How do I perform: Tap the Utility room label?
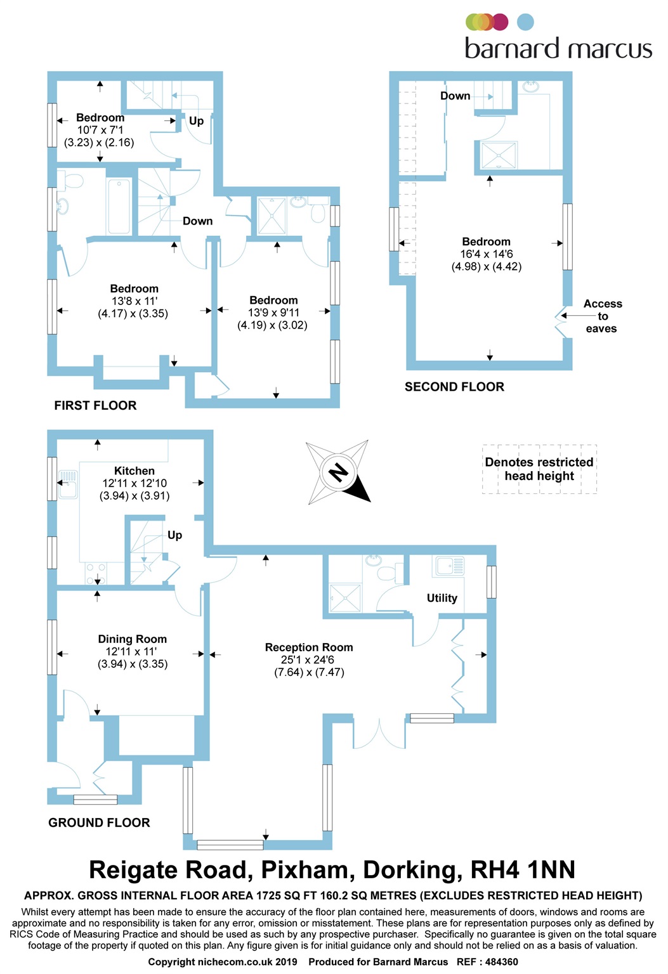(442, 598)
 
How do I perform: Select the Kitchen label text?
(134, 471)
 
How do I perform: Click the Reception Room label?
(309, 647)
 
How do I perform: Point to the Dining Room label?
(132, 639)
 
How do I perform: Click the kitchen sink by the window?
(68, 484)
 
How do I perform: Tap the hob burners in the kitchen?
(96, 573)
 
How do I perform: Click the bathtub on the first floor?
(119, 207)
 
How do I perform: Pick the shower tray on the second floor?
(499, 155)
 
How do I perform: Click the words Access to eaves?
(602, 316)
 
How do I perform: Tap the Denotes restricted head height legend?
(539, 469)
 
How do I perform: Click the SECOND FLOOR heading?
(454, 387)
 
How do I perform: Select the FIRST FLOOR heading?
(95, 405)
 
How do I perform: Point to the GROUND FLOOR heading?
(99, 822)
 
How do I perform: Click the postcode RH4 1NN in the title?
(523, 869)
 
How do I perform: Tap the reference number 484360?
(501, 962)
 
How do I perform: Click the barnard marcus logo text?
(559, 48)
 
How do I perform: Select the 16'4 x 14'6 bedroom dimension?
(487, 254)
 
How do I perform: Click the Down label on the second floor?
(455, 96)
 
